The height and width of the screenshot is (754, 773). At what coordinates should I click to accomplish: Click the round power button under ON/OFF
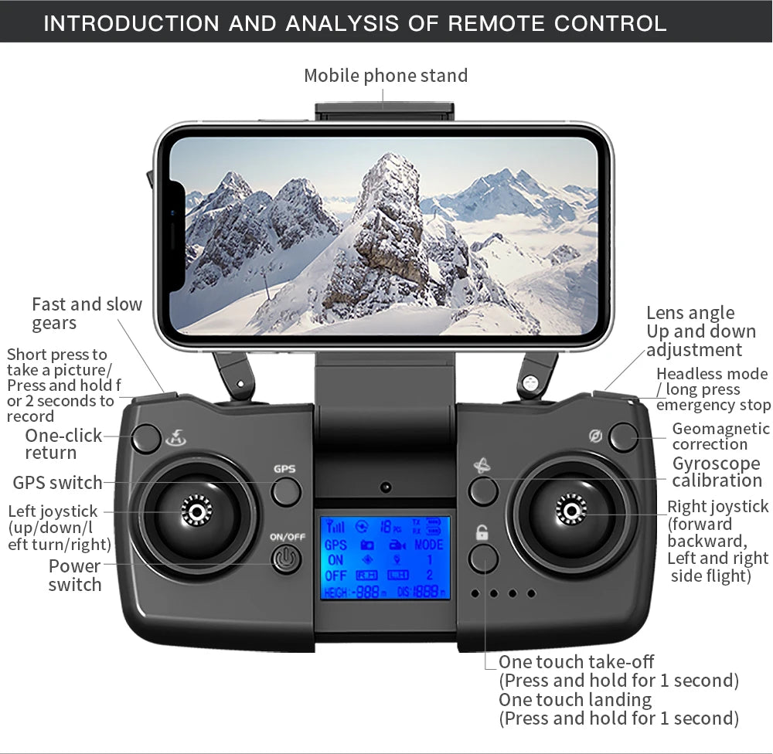point(286,559)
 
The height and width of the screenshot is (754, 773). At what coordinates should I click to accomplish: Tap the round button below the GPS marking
point(286,491)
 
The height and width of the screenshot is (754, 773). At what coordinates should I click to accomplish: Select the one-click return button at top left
point(146,439)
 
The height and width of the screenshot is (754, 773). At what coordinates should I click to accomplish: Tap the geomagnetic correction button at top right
point(623,437)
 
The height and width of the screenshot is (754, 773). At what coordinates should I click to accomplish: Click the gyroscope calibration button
point(483,491)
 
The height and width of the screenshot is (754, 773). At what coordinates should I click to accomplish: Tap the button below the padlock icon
point(483,559)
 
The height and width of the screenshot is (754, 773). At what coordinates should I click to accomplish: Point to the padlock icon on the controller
point(482,532)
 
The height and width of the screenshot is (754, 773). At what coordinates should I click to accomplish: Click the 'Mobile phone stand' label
point(386,76)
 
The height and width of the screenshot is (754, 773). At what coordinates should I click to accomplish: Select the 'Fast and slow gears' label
point(87,314)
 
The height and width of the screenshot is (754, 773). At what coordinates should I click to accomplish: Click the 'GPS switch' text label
point(57,483)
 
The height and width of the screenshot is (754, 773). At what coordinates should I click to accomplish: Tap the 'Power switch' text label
point(75,576)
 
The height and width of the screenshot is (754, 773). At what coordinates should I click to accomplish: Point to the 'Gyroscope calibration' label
point(717,472)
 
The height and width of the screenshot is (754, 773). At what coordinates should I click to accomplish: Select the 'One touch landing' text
point(575,700)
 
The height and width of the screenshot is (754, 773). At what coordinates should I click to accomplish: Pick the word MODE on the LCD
point(428,545)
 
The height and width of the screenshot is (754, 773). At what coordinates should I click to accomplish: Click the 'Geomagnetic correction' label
point(720,436)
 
